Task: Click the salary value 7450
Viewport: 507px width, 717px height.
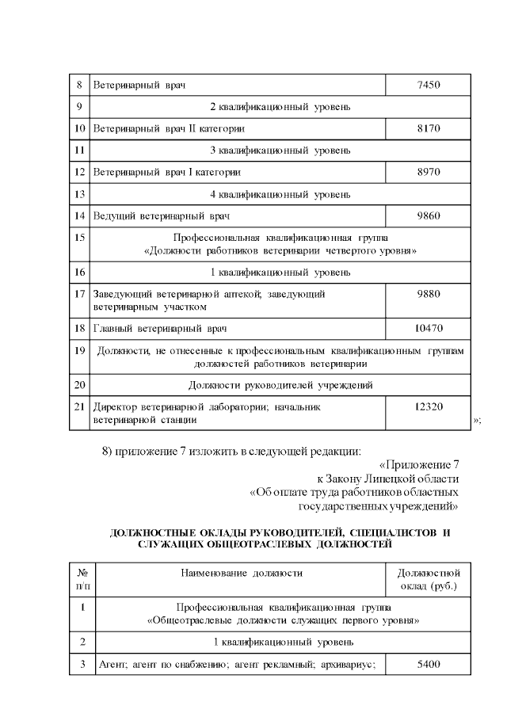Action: pos(428,84)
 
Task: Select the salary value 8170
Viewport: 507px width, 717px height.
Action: pos(428,128)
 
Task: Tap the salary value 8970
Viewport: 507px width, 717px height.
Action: pos(428,171)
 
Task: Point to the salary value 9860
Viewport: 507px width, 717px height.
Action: pos(428,215)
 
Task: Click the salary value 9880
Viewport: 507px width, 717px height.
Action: pos(428,293)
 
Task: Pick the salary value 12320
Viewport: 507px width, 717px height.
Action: pos(428,406)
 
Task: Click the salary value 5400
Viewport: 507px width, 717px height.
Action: pos(428,664)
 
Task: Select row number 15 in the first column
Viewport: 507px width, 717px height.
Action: pos(78,236)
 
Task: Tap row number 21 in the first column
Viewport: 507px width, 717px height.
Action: pos(78,406)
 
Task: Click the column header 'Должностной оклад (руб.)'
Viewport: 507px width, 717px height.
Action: pos(428,579)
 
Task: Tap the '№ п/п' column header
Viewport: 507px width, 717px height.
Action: pos(82,579)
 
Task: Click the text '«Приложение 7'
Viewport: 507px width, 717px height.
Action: pos(419,465)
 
